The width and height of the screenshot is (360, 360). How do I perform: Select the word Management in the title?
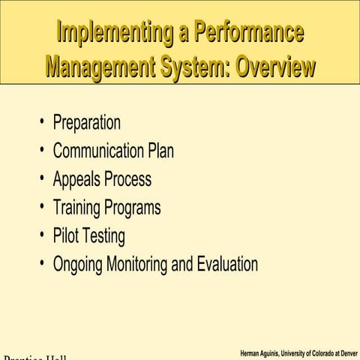[x=97, y=67]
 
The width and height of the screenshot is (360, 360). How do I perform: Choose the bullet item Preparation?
[x=86, y=123]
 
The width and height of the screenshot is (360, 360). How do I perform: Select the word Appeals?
[x=76, y=180]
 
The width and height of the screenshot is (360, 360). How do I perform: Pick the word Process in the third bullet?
[x=127, y=180]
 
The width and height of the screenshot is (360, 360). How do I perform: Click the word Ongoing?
[x=78, y=265]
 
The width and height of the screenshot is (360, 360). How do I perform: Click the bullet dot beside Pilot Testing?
[x=43, y=236]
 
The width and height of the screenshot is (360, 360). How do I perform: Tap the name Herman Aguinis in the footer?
[x=262, y=352]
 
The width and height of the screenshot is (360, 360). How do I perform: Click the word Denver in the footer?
[x=346, y=352]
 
